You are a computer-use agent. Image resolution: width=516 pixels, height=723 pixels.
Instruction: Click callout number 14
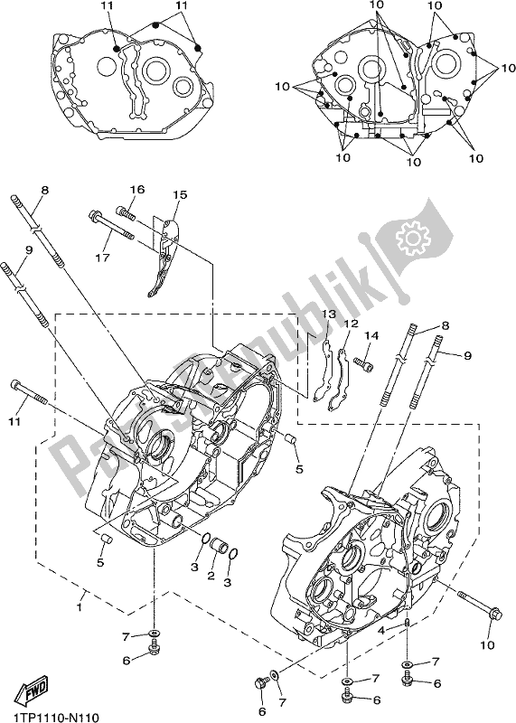coord(370,335)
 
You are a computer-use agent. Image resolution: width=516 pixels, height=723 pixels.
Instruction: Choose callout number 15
coord(180,195)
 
